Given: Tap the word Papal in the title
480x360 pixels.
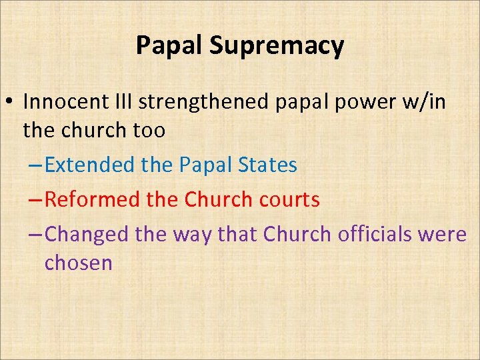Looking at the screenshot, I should coord(169,45).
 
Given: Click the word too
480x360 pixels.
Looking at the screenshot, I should coord(148,131).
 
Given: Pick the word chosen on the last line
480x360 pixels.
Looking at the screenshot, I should coord(78,263).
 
